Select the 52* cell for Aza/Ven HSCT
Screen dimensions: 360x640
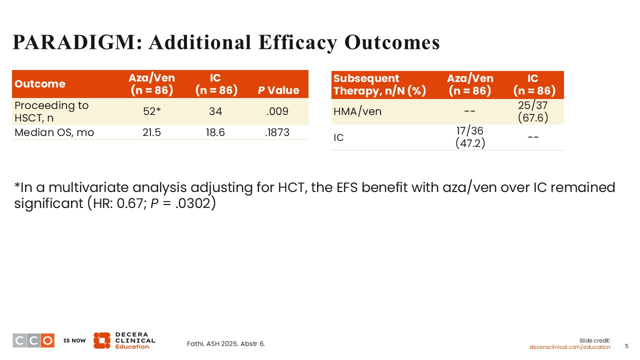151,111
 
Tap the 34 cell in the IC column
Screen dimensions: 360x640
215,111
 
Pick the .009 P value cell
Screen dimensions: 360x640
278,111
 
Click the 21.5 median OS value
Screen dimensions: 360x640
151,132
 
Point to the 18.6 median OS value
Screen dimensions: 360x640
215,132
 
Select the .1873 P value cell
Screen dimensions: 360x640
278,132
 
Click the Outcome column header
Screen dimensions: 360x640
40,84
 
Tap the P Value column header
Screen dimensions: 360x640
278,90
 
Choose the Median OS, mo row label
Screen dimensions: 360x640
54,132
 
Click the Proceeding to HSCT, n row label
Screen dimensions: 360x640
51,111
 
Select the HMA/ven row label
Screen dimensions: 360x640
357,111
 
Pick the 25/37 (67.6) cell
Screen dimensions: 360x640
532,111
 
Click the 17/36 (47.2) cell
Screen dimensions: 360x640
470,137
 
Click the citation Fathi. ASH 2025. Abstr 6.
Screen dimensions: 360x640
225,343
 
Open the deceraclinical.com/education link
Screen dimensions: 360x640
570,347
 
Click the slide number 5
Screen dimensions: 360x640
627,346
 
